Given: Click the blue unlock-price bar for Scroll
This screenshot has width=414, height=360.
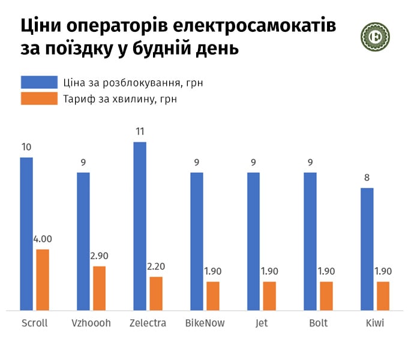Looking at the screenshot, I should [x=26, y=234].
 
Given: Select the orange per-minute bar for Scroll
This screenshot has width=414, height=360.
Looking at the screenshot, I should [x=43, y=280].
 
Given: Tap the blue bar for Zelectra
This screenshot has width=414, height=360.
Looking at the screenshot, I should [x=140, y=226].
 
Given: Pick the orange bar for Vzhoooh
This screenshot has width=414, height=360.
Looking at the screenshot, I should [x=99, y=288].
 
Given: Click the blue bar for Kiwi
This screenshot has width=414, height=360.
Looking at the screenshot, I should [x=367, y=249].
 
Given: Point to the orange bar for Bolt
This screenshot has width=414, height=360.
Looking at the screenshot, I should [x=326, y=296].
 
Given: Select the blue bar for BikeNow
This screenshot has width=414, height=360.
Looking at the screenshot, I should [x=197, y=241].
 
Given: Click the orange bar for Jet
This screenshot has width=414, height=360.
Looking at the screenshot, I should [x=269, y=296].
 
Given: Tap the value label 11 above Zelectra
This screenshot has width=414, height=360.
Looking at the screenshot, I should [x=140, y=131].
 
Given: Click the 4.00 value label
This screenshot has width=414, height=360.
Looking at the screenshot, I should [x=43, y=239].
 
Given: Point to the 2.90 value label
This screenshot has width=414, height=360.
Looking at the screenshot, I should [x=99, y=256].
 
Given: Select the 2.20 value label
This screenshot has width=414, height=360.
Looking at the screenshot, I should [x=156, y=266].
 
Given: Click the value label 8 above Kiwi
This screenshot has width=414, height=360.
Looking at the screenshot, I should [x=367, y=177].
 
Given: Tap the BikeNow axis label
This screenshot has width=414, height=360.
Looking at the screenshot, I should [x=205, y=323].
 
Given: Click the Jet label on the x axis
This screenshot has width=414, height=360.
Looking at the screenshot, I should [x=262, y=323].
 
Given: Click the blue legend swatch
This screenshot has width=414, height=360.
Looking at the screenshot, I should [x=38, y=82].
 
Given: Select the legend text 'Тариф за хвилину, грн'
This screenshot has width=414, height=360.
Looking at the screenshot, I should [x=119, y=99].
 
